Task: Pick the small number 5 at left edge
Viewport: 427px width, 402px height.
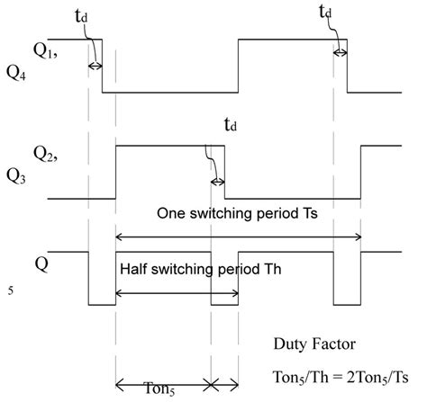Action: [x=10, y=290]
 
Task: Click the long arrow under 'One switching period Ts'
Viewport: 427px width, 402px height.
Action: [x=239, y=237]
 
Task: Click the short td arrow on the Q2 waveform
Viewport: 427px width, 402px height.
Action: [x=217, y=183]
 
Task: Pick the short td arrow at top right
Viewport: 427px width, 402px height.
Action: [x=341, y=53]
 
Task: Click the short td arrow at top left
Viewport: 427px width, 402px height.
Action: [x=95, y=66]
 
